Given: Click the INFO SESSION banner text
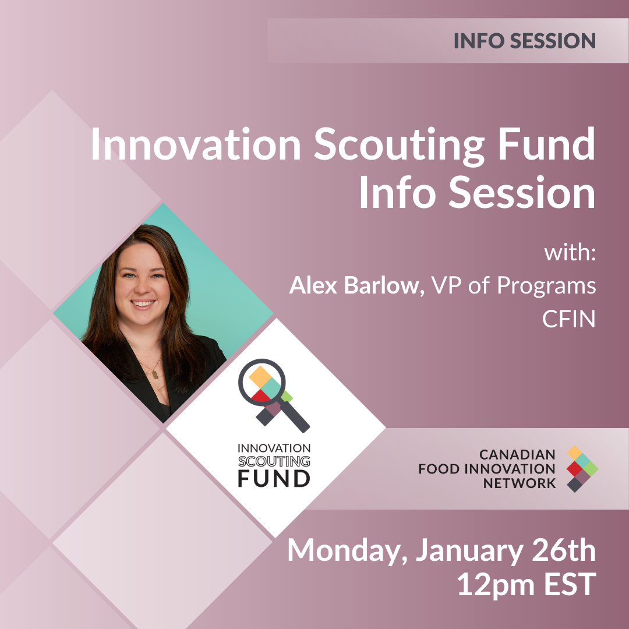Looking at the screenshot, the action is (524, 41).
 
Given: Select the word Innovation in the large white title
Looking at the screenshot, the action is (196, 144).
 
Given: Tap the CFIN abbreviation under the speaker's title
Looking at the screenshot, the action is (569, 319).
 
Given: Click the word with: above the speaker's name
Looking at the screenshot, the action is (570, 253).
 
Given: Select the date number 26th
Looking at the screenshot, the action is (563, 550).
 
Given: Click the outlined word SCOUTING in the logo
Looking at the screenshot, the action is (274, 461).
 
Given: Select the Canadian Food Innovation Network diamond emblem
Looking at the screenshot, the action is (582, 468).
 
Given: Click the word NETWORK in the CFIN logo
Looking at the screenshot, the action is (520, 483).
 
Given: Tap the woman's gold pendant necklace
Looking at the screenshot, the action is (154, 374).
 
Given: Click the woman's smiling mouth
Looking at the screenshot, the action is (143, 303).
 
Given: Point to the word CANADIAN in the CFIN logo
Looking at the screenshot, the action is (518, 454).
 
